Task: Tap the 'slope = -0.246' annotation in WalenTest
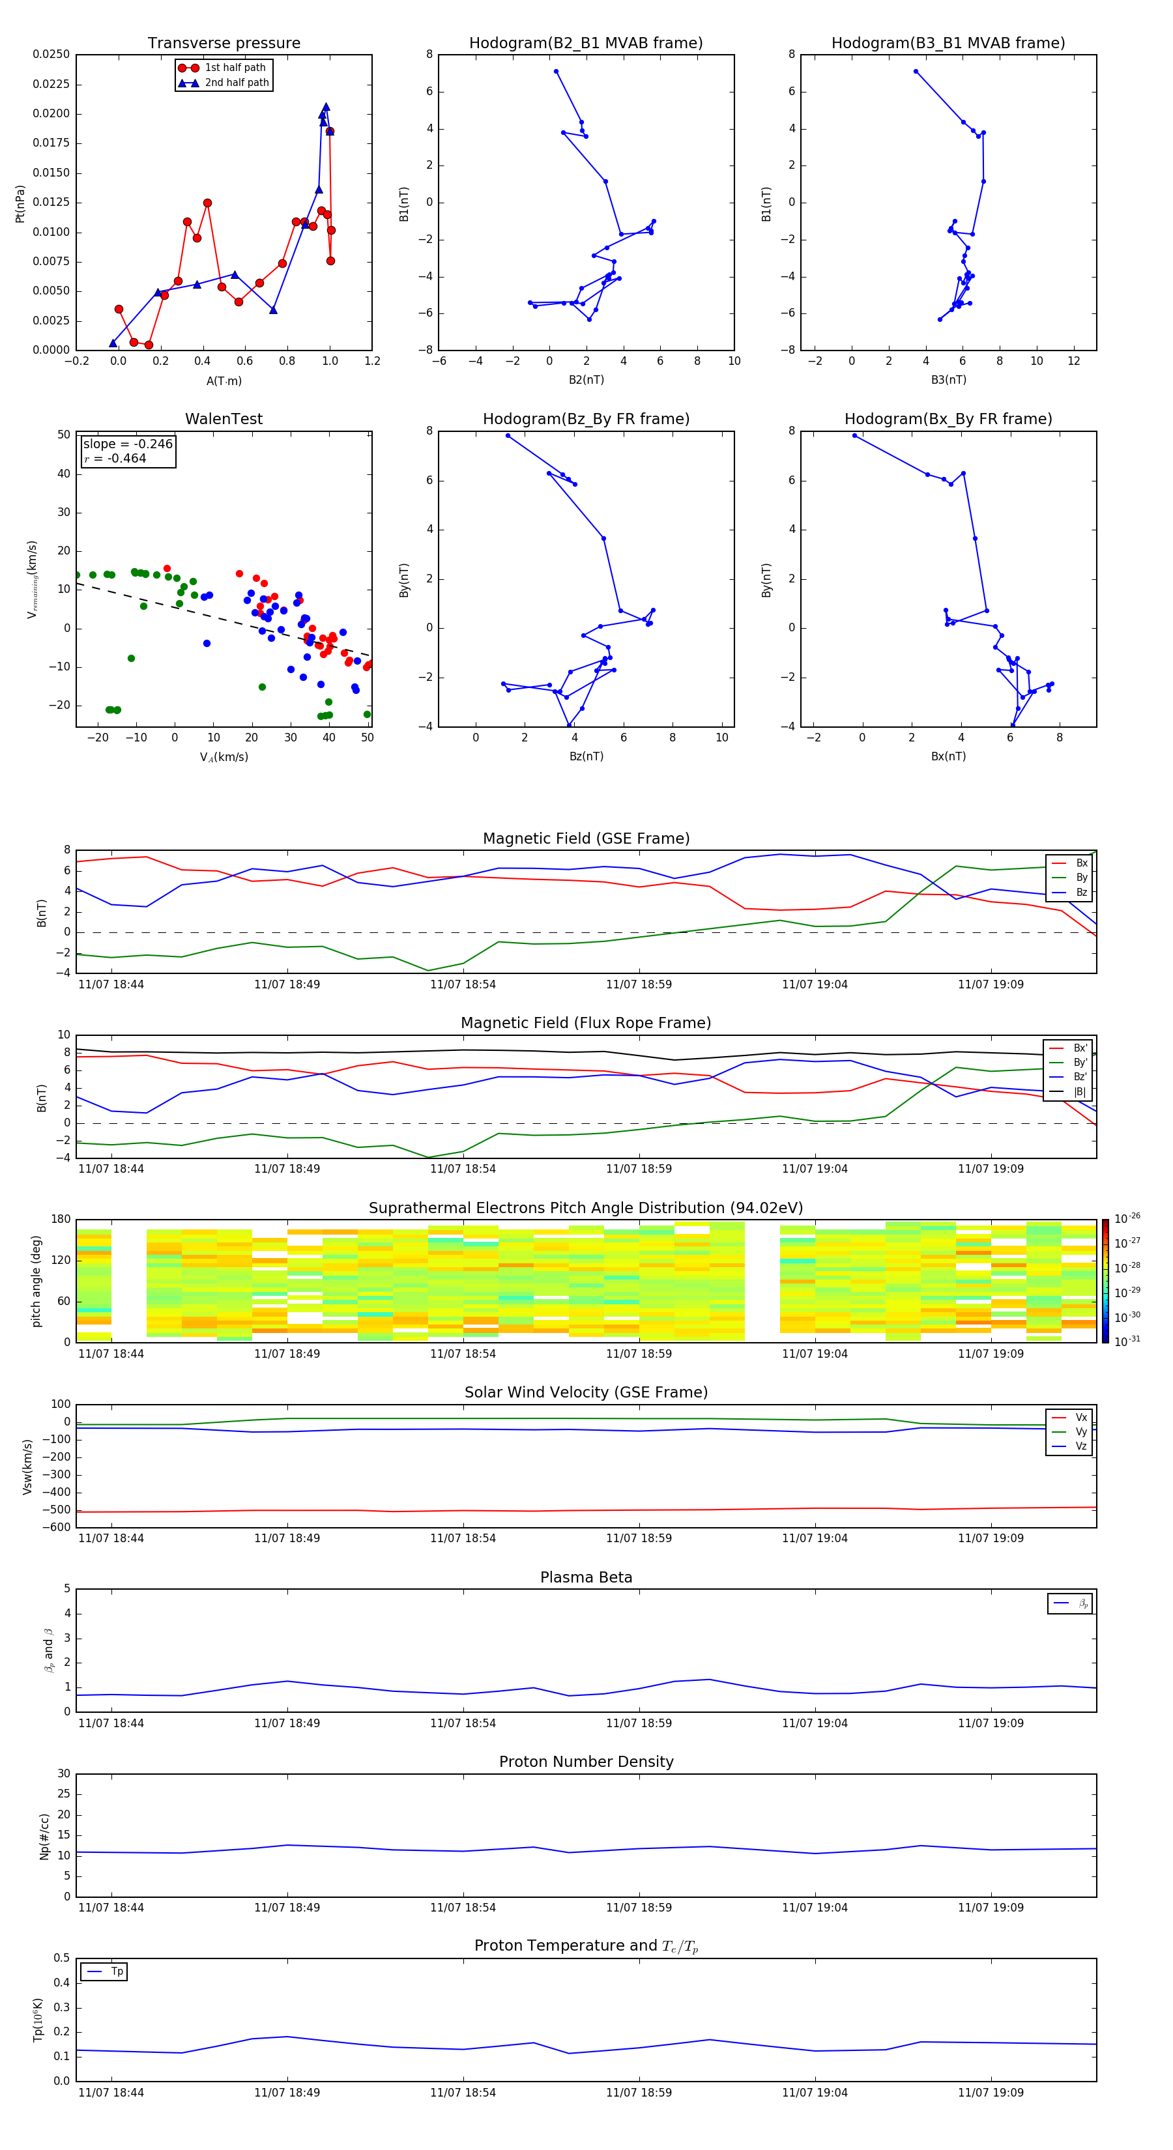click(x=128, y=444)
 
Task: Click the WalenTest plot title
click(x=224, y=419)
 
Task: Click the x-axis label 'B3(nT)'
click(x=948, y=380)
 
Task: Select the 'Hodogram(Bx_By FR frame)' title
click(x=948, y=419)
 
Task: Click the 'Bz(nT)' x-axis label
click(x=586, y=756)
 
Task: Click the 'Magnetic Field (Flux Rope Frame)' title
click(x=585, y=1024)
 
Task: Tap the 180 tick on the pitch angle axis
click(x=61, y=1220)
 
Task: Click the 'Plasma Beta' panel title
click(x=585, y=1577)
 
